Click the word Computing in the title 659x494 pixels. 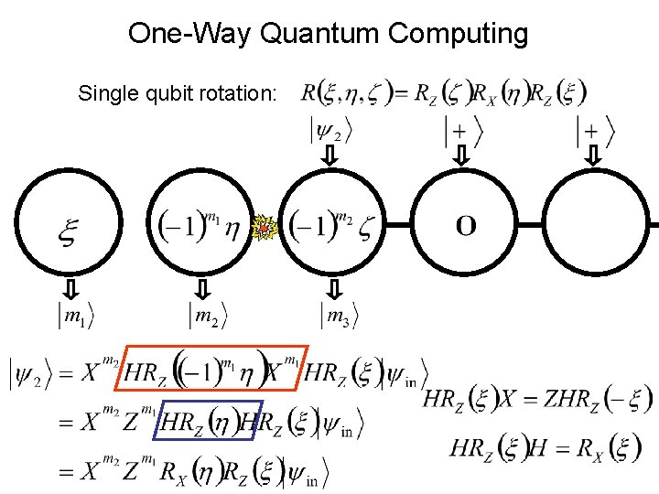tap(458, 34)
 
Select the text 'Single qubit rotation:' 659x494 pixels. tap(177, 93)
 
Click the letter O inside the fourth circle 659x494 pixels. tap(465, 226)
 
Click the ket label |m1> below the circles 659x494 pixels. tap(76, 317)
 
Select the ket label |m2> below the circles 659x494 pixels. tap(210, 317)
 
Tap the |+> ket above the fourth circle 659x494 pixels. tap(463, 132)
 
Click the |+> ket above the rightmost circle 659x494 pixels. tap(595, 132)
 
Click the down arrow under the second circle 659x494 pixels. tap(203, 289)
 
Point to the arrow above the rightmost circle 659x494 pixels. tap(594, 158)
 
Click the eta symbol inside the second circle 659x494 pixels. tap(232, 228)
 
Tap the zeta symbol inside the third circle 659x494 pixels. tap(365, 228)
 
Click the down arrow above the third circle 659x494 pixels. tap(330, 158)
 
